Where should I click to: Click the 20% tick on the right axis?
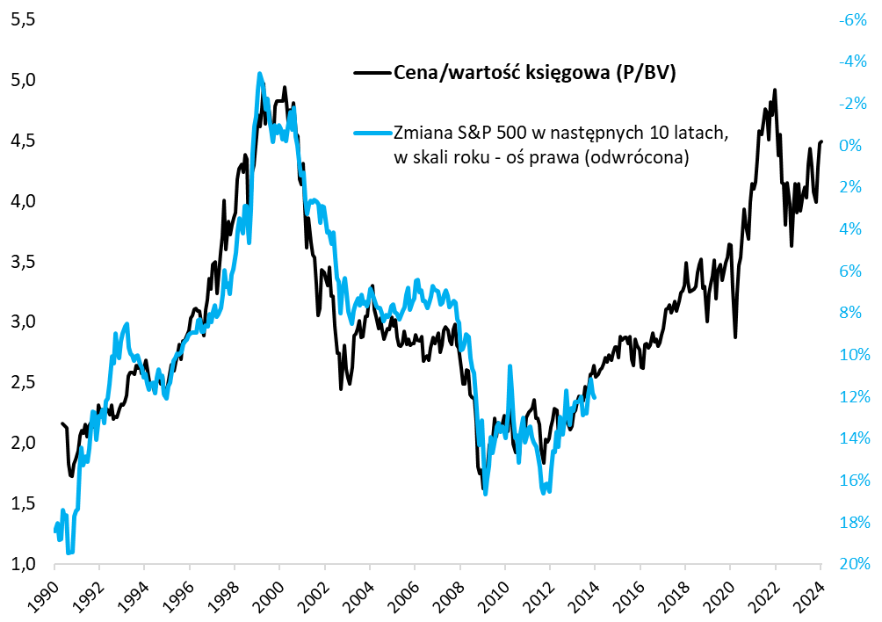click(854, 563)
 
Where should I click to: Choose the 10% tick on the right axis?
click(854, 354)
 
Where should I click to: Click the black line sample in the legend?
click(370, 74)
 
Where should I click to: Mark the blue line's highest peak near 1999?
click(260, 75)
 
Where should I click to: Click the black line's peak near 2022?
click(774, 90)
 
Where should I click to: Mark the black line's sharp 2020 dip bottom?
click(735, 336)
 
